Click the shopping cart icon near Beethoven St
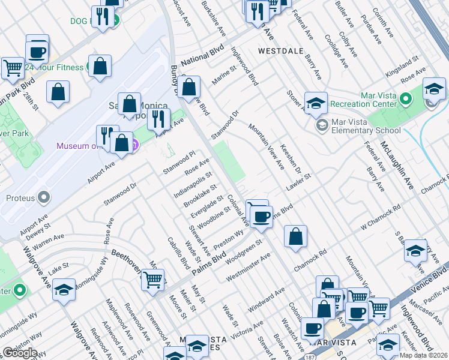(154, 279)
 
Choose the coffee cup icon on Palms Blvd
(261, 217)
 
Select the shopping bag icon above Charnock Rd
(295, 237)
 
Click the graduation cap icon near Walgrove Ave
(64, 290)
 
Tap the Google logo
(19, 353)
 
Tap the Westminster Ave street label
(249, 268)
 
